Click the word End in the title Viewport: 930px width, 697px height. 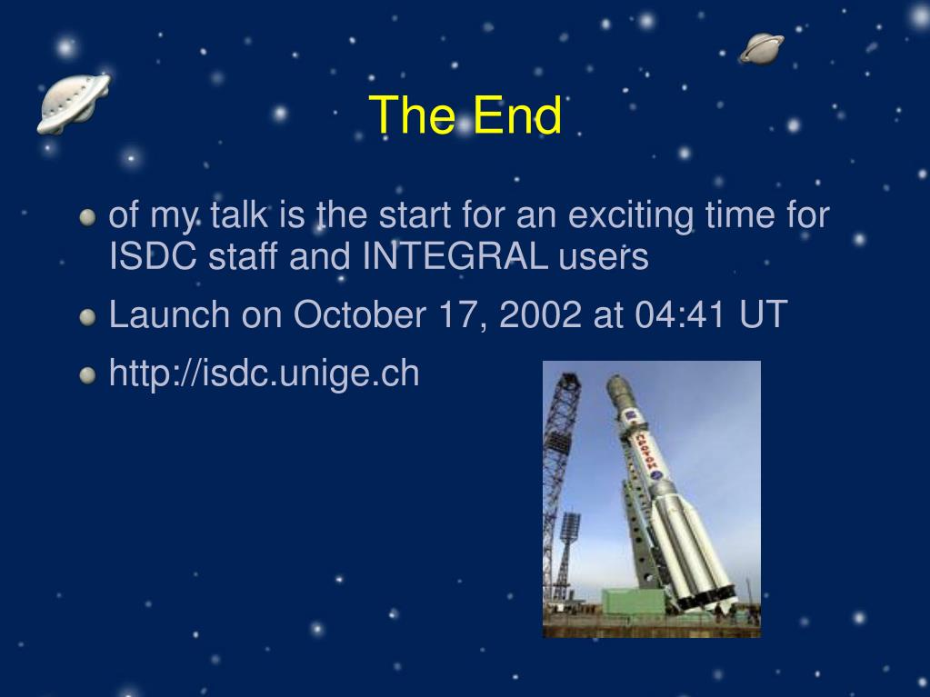[x=517, y=115]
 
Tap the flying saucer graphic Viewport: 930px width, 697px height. [x=74, y=104]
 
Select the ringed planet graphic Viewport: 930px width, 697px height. [x=761, y=48]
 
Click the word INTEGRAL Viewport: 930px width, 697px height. [x=455, y=256]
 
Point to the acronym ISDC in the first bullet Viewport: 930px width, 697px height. [x=153, y=256]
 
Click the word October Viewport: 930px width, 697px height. [x=359, y=314]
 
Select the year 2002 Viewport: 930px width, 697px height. [x=540, y=314]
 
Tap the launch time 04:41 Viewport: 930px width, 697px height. [x=680, y=314]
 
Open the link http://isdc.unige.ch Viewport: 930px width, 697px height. [x=264, y=373]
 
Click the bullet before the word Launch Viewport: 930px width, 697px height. [x=87, y=317]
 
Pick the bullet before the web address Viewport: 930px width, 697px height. [x=87, y=376]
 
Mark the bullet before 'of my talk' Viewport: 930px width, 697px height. [x=87, y=217]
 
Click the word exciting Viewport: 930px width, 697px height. [x=631, y=215]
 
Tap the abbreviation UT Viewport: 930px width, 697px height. [x=764, y=314]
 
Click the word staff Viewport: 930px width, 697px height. [x=243, y=256]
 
